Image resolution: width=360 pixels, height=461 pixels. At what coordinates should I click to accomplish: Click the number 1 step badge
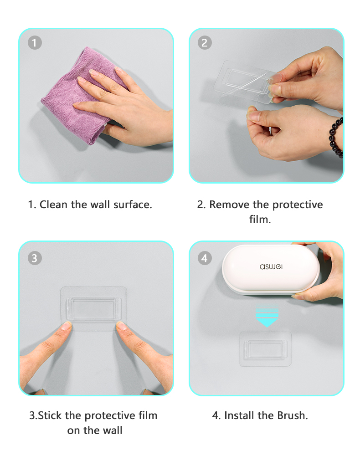click(35, 43)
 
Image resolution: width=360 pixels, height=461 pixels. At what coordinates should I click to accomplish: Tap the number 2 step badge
click(205, 43)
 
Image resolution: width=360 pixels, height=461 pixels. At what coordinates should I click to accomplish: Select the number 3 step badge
click(35, 258)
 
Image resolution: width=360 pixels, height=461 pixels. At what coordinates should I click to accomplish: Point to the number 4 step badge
click(205, 258)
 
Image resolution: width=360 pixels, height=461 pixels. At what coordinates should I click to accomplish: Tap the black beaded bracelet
click(336, 138)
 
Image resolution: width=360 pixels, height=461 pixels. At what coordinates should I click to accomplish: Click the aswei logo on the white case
click(271, 266)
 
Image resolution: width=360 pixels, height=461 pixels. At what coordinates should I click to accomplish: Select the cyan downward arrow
click(267, 316)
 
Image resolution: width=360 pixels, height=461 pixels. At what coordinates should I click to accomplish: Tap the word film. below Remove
click(260, 219)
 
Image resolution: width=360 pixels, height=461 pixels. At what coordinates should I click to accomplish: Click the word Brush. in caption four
click(293, 415)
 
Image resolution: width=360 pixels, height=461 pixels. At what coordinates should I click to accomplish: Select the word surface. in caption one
click(133, 205)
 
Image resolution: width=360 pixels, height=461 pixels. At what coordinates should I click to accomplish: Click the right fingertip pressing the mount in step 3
click(122, 325)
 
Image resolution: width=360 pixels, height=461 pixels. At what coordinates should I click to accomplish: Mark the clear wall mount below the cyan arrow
click(265, 349)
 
